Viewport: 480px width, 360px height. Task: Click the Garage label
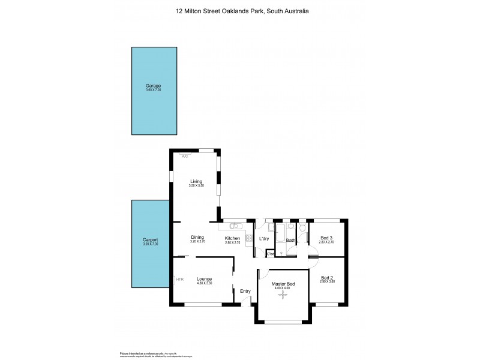[x=153, y=86]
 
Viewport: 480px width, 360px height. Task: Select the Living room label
[x=196, y=181]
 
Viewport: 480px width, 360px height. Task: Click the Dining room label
[x=197, y=237]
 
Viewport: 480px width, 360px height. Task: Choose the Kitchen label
[x=232, y=238]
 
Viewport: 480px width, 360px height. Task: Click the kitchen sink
[x=234, y=226]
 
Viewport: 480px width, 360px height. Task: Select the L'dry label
[x=263, y=239]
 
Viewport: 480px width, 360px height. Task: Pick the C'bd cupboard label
[x=271, y=253]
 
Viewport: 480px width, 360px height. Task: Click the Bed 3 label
[x=326, y=238]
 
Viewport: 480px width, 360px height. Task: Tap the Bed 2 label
[x=326, y=277]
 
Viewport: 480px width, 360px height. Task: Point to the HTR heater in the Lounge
[x=179, y=279]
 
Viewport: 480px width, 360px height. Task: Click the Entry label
[x=245, y=291]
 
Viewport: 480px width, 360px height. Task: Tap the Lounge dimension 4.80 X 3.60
[x=205, y=283]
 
